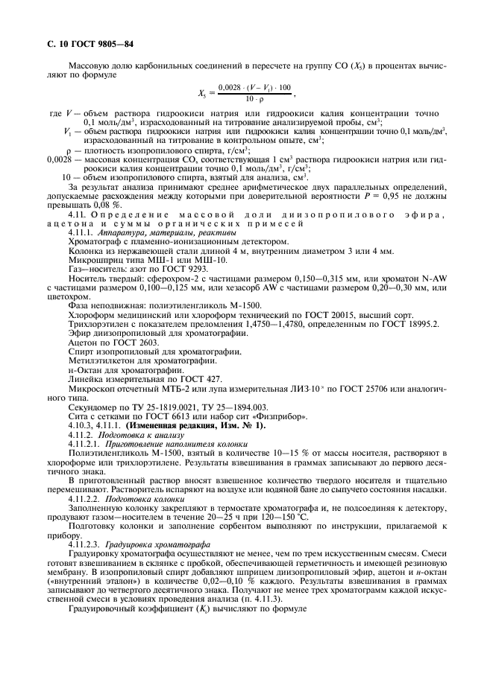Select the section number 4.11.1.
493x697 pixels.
coord(81,232)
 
